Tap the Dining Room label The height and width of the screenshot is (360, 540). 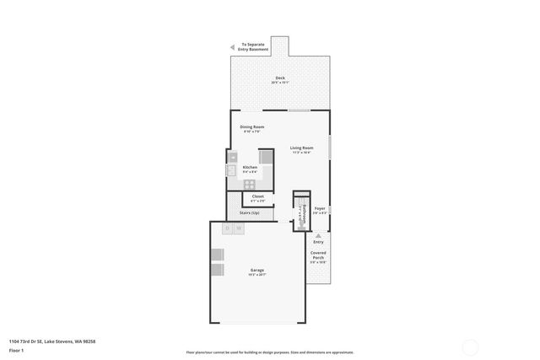pyautogui.click(x=253, y=127)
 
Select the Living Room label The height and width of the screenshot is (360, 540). pyautogui.click(x=301, y=148)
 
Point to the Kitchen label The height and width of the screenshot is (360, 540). pyautogui.click(x=250, y=167)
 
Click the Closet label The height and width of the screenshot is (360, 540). pyautogui.click(x=257, y=196)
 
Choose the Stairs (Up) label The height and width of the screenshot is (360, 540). pyautogui.click(x=250, y=213)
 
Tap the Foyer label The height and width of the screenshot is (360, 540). pyautogui.click(x=320, y=207)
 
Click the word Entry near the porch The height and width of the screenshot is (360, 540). pyautogui.click(x=318, y=242)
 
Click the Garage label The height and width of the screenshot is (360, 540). pyautogui.click(x=256, y=270)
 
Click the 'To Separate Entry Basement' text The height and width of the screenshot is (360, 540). pyautogui.click(x=255, y=47)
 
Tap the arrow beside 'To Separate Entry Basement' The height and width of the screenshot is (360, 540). pyautogui.click(x=234, y=47)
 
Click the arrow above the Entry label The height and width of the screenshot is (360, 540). pyautogui.click(x=318, y=234)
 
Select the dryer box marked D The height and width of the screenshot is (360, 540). pyautogui.click(x=228, y=228)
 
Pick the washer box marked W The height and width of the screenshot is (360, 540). pyautogui.click(x=239, y=228)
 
